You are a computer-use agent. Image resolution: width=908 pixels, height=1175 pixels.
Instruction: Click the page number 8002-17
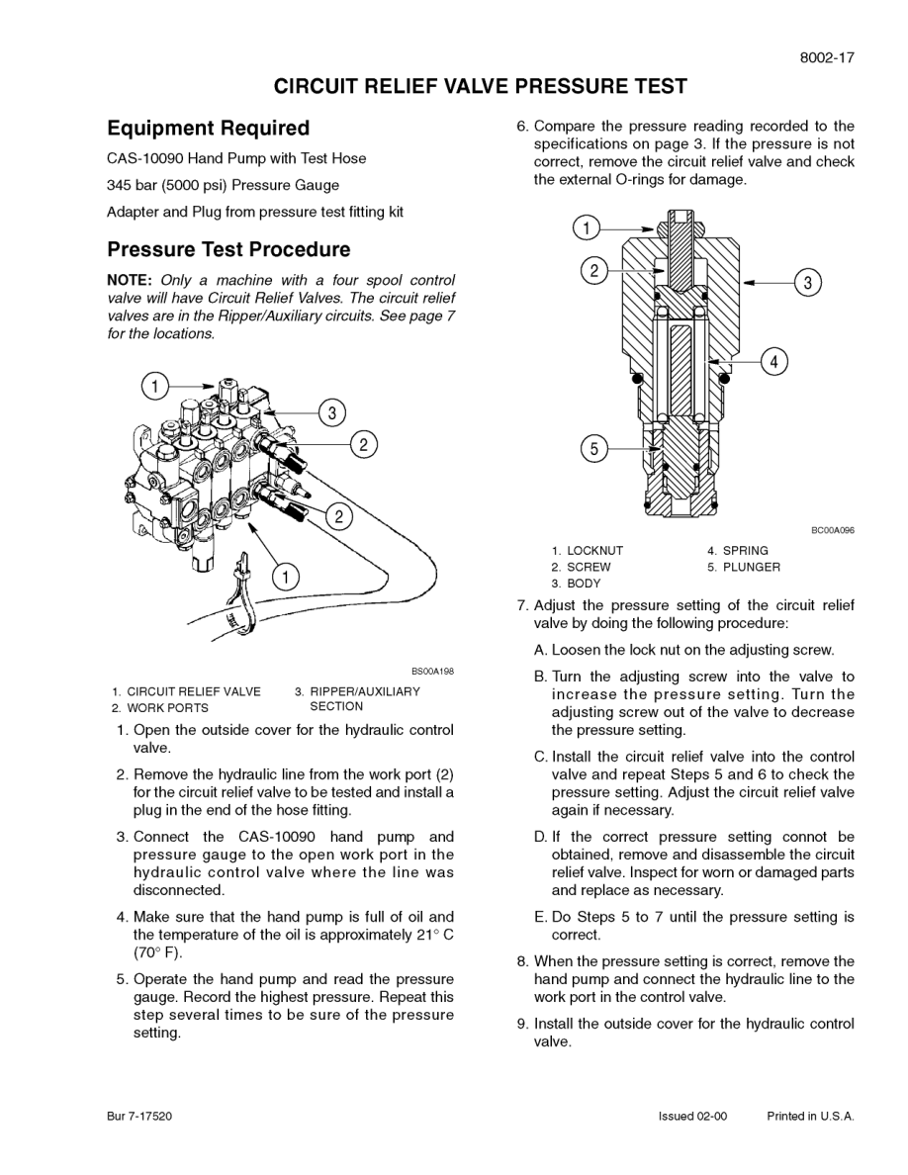coord(826,57)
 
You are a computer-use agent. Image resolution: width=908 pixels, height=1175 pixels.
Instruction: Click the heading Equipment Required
coord(208,129)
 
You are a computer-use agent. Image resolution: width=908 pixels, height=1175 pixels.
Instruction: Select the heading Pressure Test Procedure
coord(228,249)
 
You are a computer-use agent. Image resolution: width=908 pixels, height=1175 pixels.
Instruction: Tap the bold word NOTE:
coord(130,280)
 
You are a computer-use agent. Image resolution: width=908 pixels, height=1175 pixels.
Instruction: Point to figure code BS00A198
coord(432,672)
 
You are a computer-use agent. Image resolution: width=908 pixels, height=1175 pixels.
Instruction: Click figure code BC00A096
coord(833,530)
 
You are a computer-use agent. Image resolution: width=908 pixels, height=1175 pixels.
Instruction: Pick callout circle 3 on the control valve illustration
coord(332,412)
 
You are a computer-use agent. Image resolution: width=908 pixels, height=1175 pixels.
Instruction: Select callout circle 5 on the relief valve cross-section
coord(593,448)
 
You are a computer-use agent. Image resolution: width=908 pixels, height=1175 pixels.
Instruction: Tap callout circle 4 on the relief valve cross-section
coord(774,362)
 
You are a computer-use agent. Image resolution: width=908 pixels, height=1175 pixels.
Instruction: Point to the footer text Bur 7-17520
coord(139,1116)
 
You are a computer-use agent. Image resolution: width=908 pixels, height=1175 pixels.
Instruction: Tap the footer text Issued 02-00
coord(692,1116)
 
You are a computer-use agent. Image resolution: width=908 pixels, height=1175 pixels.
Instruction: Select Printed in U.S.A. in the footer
coord(810,1116)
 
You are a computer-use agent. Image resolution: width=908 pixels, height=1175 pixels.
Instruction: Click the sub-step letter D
coord(540,837)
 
